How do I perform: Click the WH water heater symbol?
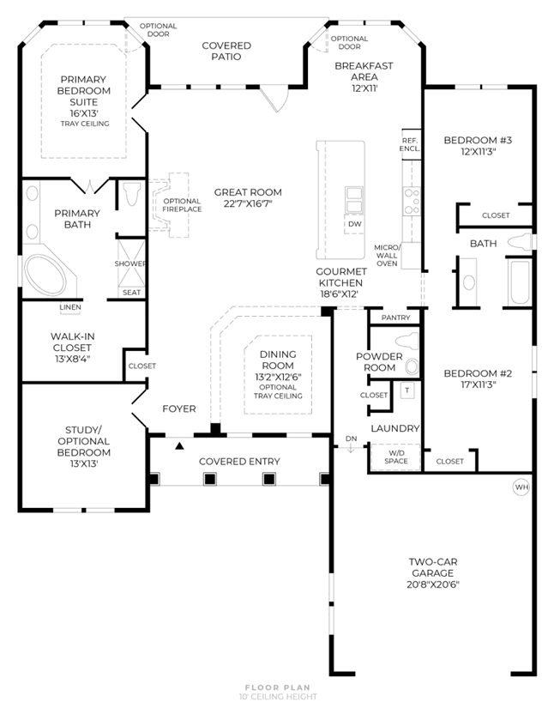pyautogui.click(x=521, y=487)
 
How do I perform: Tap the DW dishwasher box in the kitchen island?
pyautogui.click(x=354, y=224)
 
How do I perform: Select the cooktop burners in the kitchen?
pyautogui.click(x=412, y=202)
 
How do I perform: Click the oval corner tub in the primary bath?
pyautogui.click(x=45, y=275)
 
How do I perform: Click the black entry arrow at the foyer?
pyautogui.click(x=180, y=445)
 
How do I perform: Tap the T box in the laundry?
pyautogui.click(x=407, y=390)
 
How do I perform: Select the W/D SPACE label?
pyautogui.click(x=396, y=457)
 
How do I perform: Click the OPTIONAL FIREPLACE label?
pyautogui.click(x=182, y=205)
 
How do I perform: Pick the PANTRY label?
pyautogui.click(x=396, y=318)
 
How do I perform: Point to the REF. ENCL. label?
pyautogui.click(x=410, y=145)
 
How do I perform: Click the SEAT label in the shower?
pyautogui.click(x=131, y=293)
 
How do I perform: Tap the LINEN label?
pyautogui.click(x=70, y=307)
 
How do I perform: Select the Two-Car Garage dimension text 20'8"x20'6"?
pyautogui.click(x=433, y=584)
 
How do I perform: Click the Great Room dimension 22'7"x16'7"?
pyautogui.click(x=248, y=203)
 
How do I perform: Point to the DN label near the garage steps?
pyautogui.click(x=352, y=439)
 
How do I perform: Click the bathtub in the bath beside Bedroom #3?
pyautogui.click(x=520, y=282)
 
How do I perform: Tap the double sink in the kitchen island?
pyautogui.click(x=353, y=200)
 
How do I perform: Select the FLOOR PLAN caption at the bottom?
pyautogui.click(x=278, y=687)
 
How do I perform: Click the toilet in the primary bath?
pyautogui.click(x=131, y=194)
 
